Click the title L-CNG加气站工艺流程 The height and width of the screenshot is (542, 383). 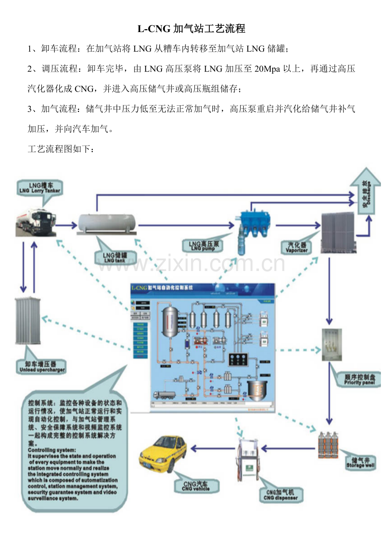coord(191,28)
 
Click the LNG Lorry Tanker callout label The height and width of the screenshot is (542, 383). coord(40,188)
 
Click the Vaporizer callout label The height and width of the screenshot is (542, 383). coord(297,248)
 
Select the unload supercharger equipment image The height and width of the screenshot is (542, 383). coord(28,321)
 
